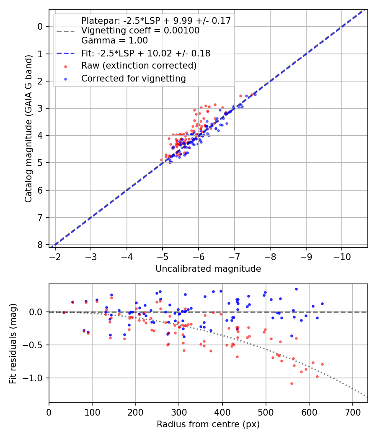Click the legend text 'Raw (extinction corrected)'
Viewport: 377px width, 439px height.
point(139,66)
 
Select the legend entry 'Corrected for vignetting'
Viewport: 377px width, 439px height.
point(134,78)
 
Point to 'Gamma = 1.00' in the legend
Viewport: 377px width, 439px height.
point(114,41)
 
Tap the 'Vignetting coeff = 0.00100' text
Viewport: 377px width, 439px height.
point(140,31)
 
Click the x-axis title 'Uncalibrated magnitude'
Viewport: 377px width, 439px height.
point(208,269)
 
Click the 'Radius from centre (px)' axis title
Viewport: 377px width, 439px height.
point(208,424)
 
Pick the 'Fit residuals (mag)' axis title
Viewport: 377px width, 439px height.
point(13,343)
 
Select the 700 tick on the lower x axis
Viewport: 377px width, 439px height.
point(352,411)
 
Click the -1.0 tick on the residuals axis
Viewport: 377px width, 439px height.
point(35,378)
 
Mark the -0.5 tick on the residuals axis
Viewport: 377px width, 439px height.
point(35,345)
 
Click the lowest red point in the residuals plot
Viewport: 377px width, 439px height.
point(292,383)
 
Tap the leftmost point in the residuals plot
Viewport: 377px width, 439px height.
point(64,312)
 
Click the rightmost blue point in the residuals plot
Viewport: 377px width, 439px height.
point(322,304)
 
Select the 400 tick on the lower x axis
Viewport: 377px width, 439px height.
point(222,411)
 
